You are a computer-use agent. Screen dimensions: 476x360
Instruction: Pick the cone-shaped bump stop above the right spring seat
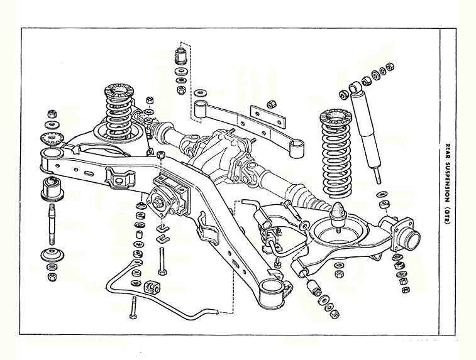pyautogui.click(x=338, y=214)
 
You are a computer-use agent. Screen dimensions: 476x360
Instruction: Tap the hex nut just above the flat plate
pyautogui.click(x=270, y=105)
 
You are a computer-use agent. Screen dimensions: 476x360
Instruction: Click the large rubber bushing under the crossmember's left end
pyautogui.click(x=52, y=188)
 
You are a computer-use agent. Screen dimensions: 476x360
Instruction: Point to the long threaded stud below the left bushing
pyautogui.click(x=52, y=224)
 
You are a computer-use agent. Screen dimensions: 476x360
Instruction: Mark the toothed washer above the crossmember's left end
pyautogui.click(x=52, y=139)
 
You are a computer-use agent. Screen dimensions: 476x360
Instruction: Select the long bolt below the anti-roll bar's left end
pyautogui.click(x=133, y=307)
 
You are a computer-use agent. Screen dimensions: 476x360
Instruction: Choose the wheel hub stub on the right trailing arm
pyautogui.click(x=409, y=236)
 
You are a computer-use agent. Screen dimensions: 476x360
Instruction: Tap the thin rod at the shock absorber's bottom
pyautogui.click(x=377, y=176)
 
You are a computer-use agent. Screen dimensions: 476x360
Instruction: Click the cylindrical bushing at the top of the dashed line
pyautogui.click(x=180, y=56)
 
